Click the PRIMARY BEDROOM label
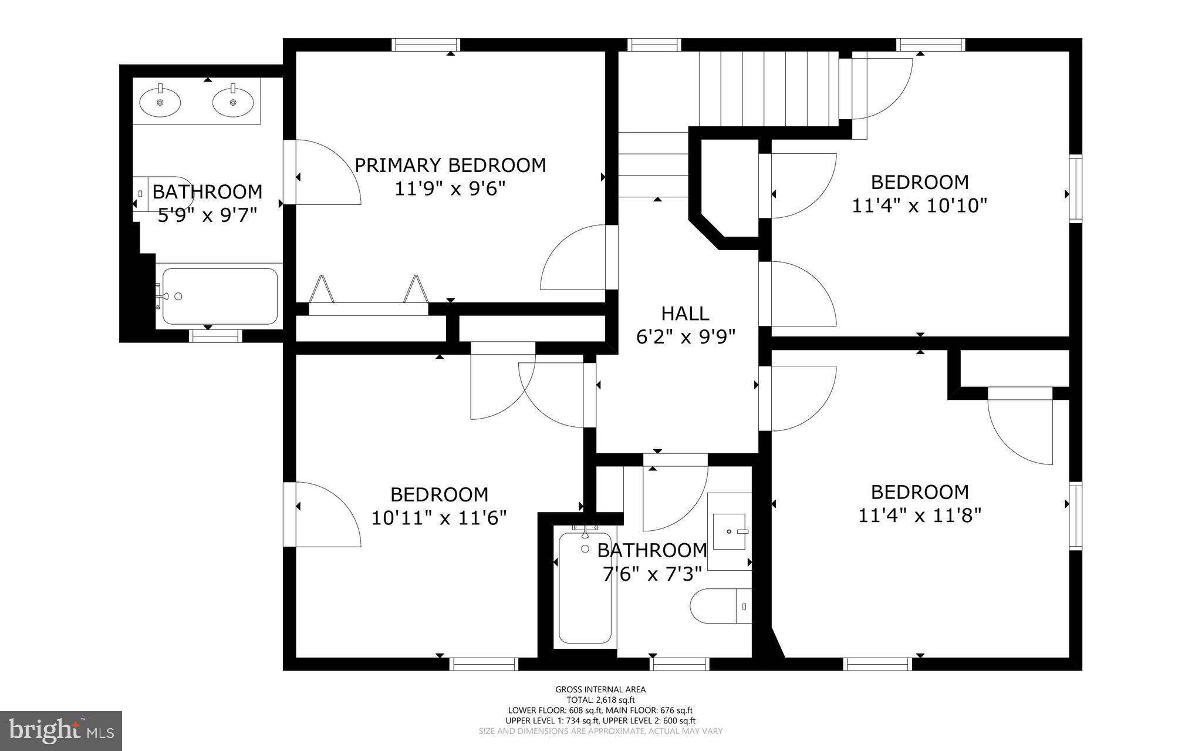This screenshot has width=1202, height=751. click(450, 165)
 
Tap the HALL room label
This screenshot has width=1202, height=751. click(685, 314)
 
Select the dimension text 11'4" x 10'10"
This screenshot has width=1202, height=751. click(919, 206)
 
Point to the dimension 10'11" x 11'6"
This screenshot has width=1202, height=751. click(438, 518)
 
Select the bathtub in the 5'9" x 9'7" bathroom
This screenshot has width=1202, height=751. click(220, 297)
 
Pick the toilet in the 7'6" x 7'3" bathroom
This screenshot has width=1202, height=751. click(720, 605)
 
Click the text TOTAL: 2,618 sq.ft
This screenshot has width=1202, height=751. click(600, 700)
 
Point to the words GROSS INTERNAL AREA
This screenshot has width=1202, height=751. click(600, 689)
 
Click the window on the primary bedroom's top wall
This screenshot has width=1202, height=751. click(426, 45)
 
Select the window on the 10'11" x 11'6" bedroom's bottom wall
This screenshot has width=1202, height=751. click(484, 664)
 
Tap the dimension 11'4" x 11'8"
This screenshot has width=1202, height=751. click(919, 516)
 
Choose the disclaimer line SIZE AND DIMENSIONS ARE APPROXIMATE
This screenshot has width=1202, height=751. click(600, 731)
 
